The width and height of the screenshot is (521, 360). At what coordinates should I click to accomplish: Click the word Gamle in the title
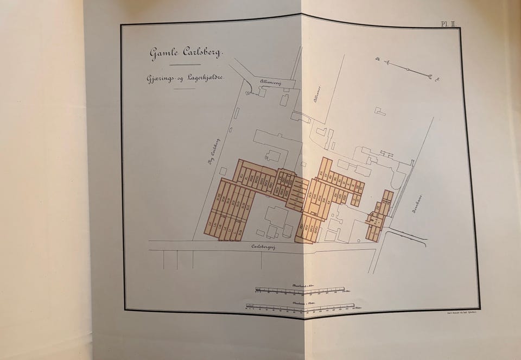(164, 53)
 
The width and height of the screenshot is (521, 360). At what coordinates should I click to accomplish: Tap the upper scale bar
(300, 289)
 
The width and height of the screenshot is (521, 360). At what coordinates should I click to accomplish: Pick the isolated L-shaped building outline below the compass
(380, 111)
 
